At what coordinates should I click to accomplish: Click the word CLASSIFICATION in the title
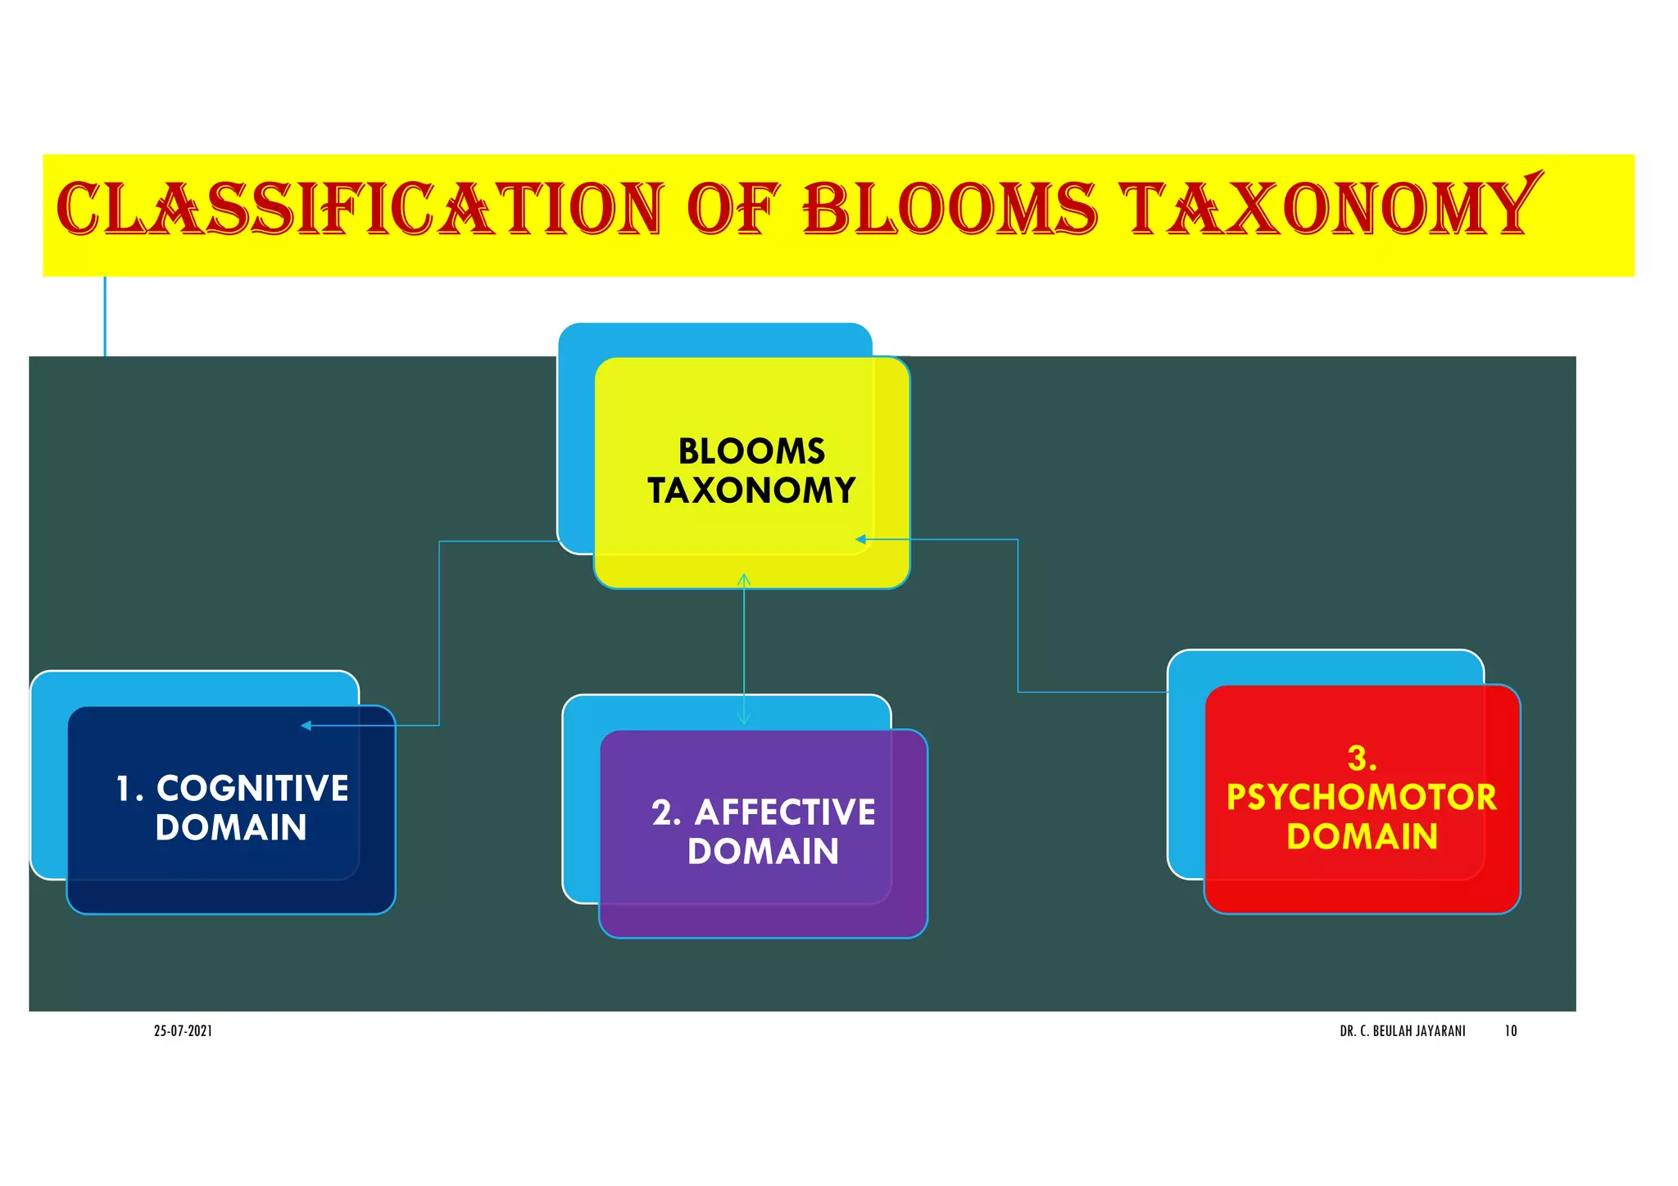pos(359,209)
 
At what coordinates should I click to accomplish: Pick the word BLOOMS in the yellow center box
pos(751,451)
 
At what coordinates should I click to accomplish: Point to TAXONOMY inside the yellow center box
pos(751,491)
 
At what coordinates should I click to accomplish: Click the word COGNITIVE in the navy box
pos(252,789)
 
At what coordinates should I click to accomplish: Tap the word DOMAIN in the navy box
pos(231,827)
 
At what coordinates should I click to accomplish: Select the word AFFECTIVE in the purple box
pos(784,813)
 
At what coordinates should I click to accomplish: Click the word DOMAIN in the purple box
pos(763,852)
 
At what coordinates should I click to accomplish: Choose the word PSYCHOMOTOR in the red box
pos(1361,798)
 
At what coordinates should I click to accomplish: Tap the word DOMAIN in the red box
pos(1362,837)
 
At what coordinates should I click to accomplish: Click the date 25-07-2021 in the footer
pos(183,1031)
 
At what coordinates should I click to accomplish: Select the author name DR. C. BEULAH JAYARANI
pos(1402,1031)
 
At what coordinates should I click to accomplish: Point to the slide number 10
pos(1510,1031)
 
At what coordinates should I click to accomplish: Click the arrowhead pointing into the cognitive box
pos(306,726)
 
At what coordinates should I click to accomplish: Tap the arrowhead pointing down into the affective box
pos(744,719)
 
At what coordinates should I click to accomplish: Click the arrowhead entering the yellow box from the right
pos(860,539)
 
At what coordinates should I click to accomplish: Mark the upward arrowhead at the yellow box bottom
pos(744,579)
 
